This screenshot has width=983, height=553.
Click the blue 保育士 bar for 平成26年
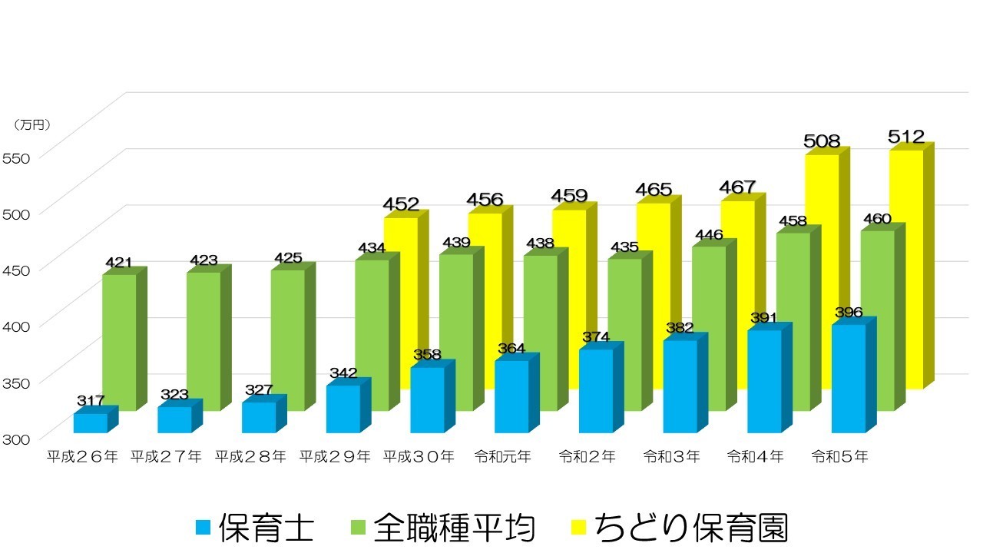click(x=91, y=423)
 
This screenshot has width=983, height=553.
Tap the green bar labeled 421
click(x=119, y=338)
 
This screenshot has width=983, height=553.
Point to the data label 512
click(x=906, y=137)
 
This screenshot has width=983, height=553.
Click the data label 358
click(x=427, y=354)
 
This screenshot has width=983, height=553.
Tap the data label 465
click(x=654, y=189)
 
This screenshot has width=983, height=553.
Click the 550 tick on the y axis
click(x=17, y=158)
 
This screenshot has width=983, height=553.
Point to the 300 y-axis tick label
click(x=17, y=439)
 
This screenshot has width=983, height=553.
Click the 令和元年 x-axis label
click(x=503, y=456)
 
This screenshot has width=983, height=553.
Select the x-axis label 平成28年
click(x=250, y=456)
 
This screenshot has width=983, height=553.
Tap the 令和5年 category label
click(x=840, y=456)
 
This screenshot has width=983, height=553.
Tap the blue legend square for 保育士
click(x=202, y=528)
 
